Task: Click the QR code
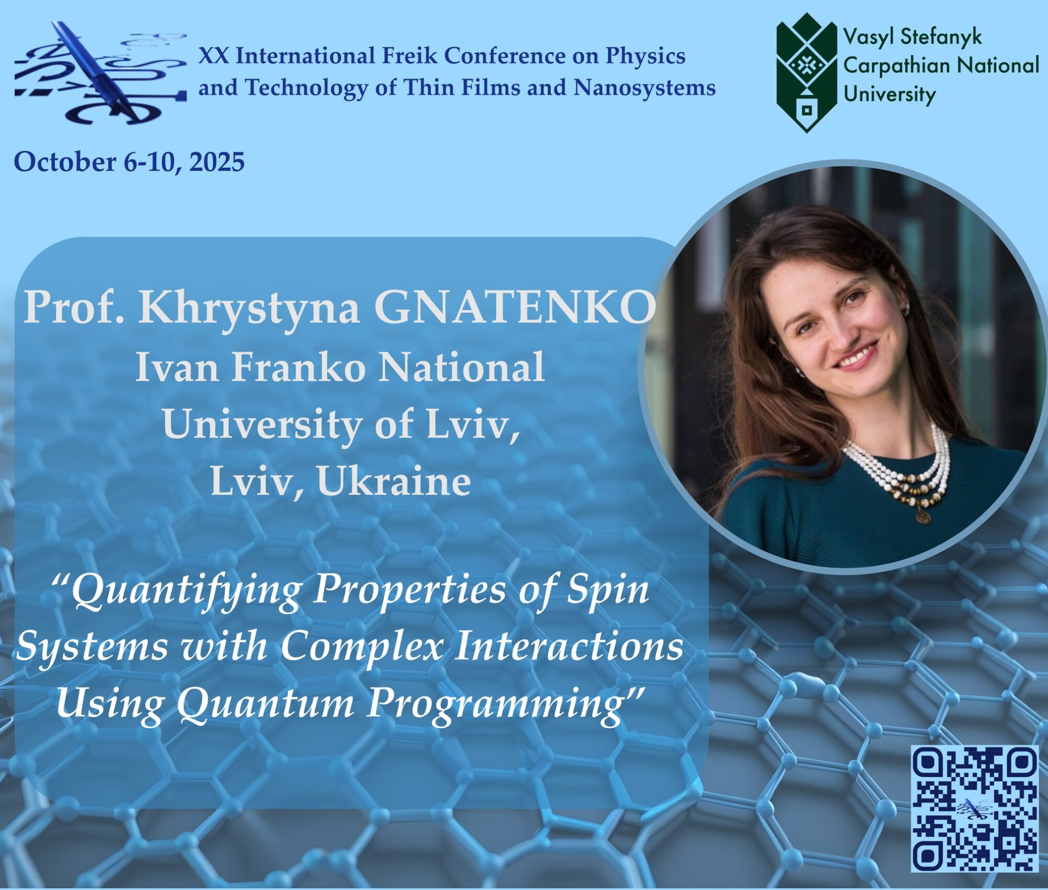pyautogui.click(x=975, y=808)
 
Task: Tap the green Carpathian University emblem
pyautogui.click(x=807, y=73)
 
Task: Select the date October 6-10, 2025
pyautogui.click(x=129, y=162)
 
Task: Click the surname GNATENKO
pyautogui.click(x=515, y=308)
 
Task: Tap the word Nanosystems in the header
pyautogui.click(x=645, y=87)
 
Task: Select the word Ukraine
pyautogui.click(x=394, y=481)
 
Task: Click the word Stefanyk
pyautogui.click(x=941, y=37)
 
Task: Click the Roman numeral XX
pyautogui.click(x=213, y=55)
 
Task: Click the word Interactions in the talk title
pyautogui.click(x=569, y=648)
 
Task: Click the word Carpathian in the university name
pyautogui.click(x=897, y=66)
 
